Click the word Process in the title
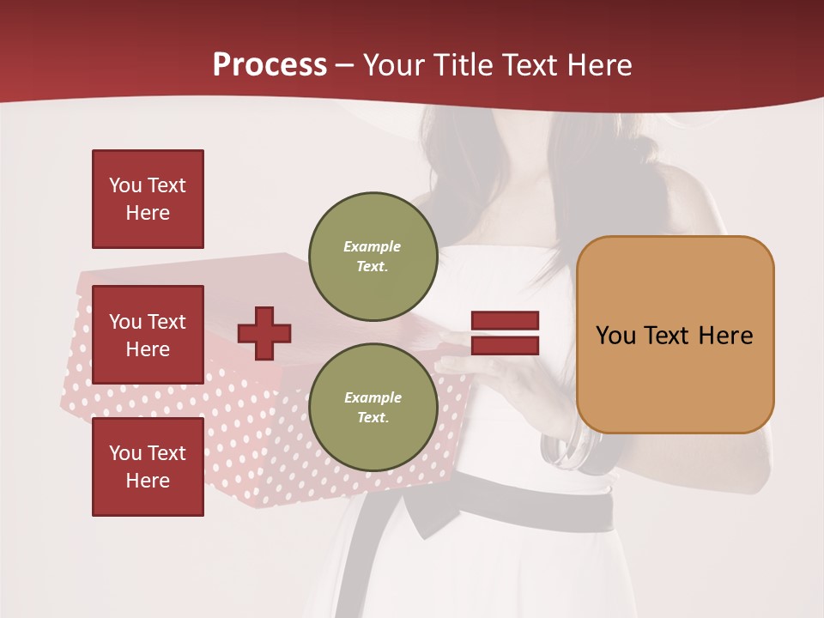click(270, 65)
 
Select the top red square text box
click(148, 199)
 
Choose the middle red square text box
click(148, 335)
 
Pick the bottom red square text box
click(148, 466)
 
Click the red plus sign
click(264, 333)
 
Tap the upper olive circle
click(373, 257)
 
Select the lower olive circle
click(373, 407)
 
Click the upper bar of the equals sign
click(505, 320)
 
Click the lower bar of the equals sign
click(505, 346)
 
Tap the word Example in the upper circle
click(373, 246)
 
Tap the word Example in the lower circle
click(373, 397)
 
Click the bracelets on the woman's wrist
click(573, 450)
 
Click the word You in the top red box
click(125, 185)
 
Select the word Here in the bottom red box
click(148, 481)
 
